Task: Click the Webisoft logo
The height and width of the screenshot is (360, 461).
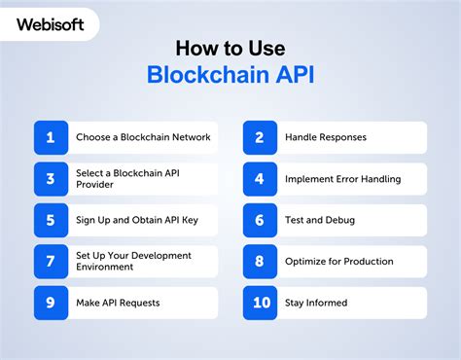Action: click(x=48, y=21)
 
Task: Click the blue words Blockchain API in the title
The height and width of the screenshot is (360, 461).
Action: click(x=230, y=76)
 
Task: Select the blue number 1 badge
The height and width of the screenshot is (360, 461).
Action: click(x=50, y=137)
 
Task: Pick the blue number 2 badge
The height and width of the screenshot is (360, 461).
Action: click(x=259, y=137)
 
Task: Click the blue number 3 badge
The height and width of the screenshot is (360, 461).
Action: click(x=50, y=179)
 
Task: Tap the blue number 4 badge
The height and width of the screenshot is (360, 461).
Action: click(x=259, y=179)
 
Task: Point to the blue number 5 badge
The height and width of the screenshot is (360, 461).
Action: click(x=50, y=220)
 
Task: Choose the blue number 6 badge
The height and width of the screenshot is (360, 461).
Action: click(x=259, y=220)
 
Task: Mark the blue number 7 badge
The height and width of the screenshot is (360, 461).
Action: click(x=50, y=262)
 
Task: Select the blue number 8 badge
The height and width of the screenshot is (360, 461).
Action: click(x=259, y=262)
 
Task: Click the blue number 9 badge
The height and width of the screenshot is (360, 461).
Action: click(x=50, y=303)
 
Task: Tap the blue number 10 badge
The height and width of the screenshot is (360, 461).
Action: click(x=259, y=303)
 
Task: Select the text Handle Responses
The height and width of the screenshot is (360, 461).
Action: click(x=326, y=137)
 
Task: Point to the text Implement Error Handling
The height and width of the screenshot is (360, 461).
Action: click(x=342, y=179)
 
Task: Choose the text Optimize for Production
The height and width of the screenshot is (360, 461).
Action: click(x=339, y=262)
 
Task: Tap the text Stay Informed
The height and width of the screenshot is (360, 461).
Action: click(x=317, y=303)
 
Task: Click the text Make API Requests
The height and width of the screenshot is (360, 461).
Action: click(x=118, y=303)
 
